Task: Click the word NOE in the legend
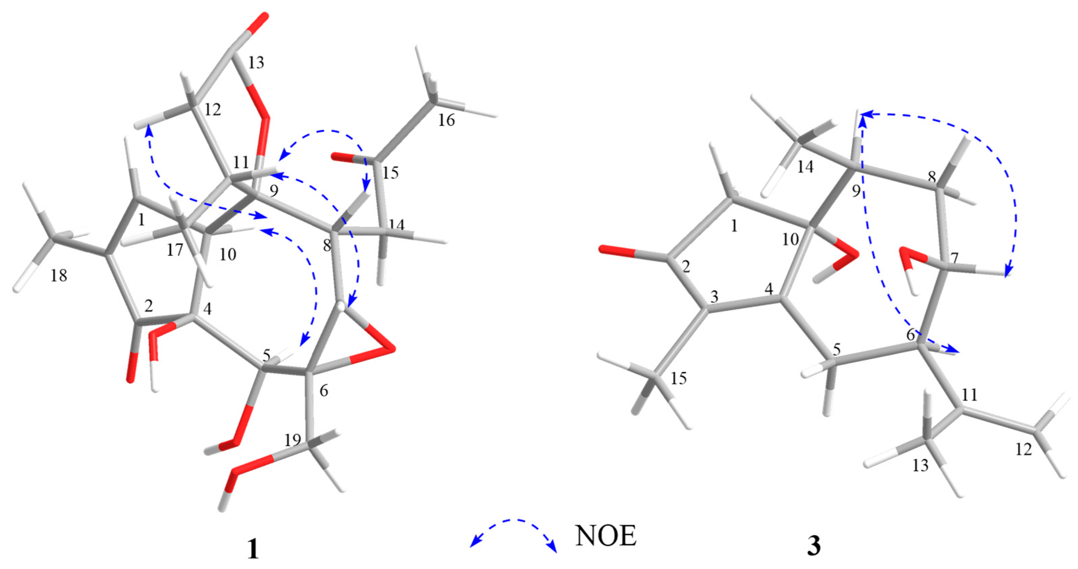[x=606, y=536]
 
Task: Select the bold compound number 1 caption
[x=253, y=549]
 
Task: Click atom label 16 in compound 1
[x=446, y=121]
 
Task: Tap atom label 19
[x=292, y=440]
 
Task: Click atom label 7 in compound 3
[x=954, y=258]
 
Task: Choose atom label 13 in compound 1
[x=256, y=63]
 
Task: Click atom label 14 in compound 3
[x=805, y=167]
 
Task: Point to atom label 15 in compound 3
[x=679, y=379]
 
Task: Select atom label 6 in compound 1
[x=323, y=391]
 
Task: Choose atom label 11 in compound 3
[x=969, y=394]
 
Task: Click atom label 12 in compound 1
[x=213, y=110]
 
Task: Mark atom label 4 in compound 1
[x=207, y=309]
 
